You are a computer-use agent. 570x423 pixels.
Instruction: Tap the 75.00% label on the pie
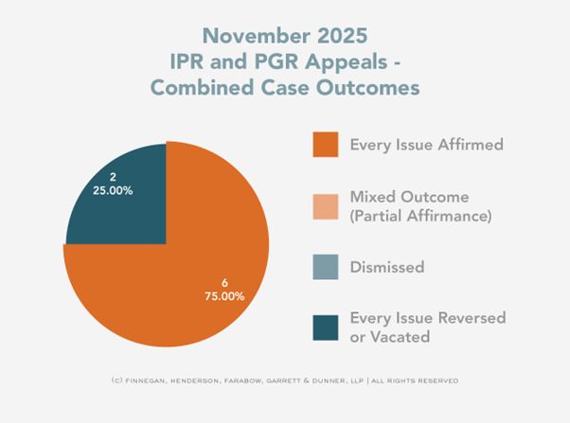click(x=225, y=295)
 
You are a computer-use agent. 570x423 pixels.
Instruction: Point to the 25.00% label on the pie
click(x=114, y=190)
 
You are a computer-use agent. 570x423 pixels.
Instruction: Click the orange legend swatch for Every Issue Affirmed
click(x=326, y=145)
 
